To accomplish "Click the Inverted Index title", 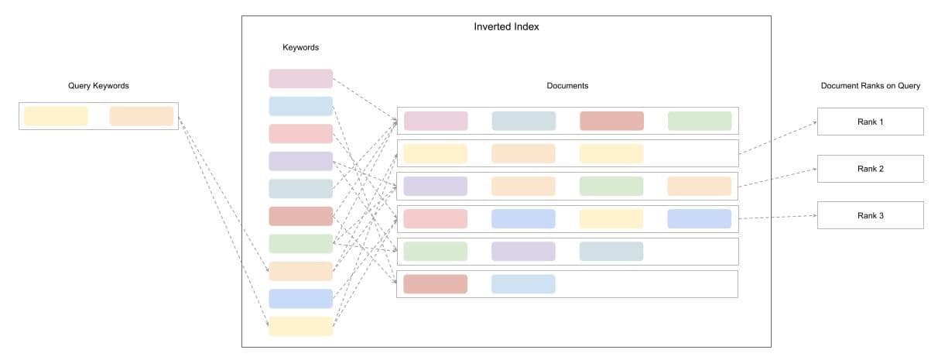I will [506, 27].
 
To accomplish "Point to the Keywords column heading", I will [300, 48].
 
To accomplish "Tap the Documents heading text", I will [567, 86].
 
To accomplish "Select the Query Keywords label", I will [98, 86].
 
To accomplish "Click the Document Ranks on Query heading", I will [870, 86].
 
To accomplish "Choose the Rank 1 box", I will [870, 122].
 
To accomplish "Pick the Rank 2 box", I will [870, 169].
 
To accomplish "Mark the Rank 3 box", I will [870, 215].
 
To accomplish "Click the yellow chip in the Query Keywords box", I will [56, 116].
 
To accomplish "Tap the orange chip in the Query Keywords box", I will [142, 116].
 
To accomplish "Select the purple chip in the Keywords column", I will [300, 161].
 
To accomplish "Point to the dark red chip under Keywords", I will [300, 216].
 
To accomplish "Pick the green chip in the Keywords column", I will [300, 244].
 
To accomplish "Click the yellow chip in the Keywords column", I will [300, 326].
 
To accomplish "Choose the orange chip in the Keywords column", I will [300, 271].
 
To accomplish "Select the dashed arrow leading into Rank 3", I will [778, 218].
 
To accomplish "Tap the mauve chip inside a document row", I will [436, 121].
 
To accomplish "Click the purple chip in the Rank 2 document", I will [436, 186].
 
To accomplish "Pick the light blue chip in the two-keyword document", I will [523, 284].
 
